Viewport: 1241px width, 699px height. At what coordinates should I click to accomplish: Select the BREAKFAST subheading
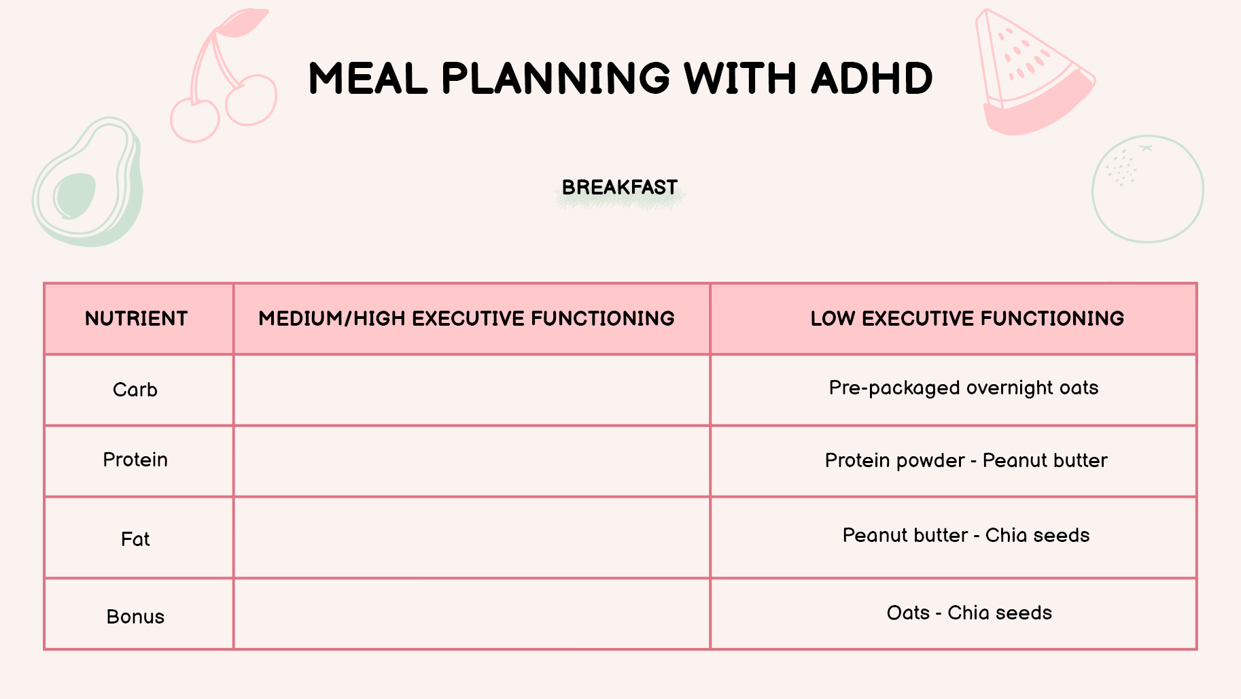[x=620, y=187]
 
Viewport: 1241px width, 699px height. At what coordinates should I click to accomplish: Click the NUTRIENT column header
[x=136, y=318]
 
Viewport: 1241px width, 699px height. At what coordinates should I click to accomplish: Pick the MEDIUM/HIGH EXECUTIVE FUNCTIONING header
[x=466, y=318]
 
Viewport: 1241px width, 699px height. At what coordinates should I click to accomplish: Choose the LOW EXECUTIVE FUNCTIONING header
[x=967, y=318]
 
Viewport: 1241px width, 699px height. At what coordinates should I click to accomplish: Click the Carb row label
[x=135, y=390]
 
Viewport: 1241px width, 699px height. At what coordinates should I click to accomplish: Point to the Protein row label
[x=135, y=460]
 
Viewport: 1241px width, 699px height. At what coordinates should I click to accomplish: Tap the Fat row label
[x=135, y=539]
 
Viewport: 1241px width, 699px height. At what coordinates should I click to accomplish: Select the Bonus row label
[x=135, y=617]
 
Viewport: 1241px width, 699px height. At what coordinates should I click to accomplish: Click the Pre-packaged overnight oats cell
[x=964, y=388]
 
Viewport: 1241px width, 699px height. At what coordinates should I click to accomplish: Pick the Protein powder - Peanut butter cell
[x=966, y=460]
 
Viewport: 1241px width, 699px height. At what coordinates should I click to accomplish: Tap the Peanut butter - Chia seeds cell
[x=966, y=535]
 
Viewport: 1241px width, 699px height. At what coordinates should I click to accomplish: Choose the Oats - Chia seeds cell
[x=969, y=613]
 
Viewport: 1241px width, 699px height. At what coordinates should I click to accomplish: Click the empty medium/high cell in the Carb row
[x=472, y=390]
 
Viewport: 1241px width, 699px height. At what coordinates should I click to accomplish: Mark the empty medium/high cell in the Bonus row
[x=472, y=614]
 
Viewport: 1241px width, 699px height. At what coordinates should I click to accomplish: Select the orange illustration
[x=1148, y=189]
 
